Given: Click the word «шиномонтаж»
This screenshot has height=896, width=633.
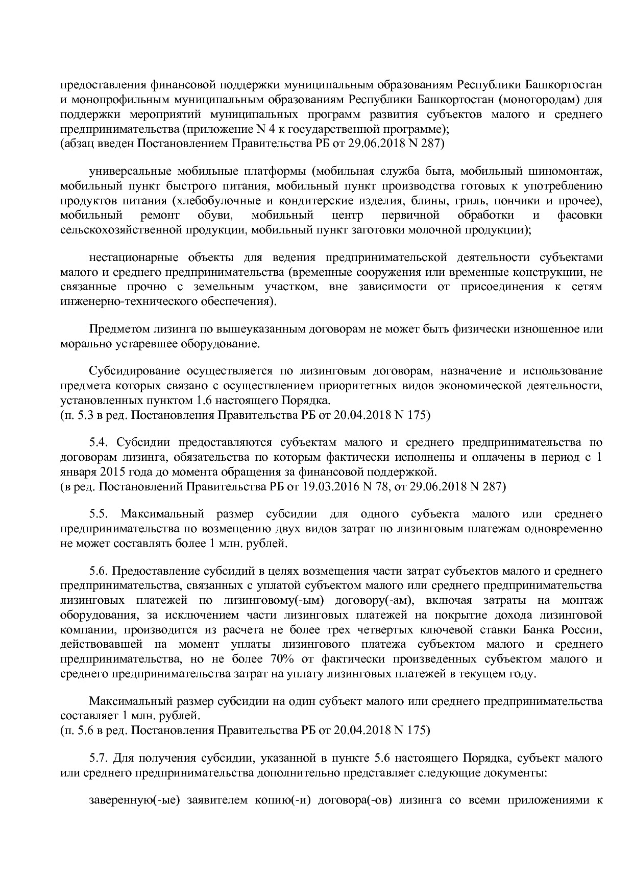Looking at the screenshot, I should [x=570, y=171].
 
